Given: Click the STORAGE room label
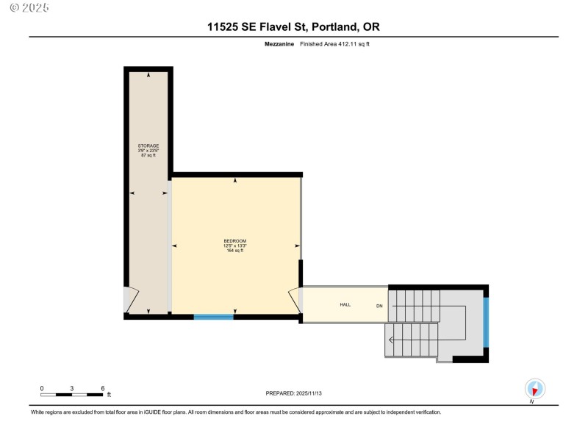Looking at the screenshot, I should (148, 146).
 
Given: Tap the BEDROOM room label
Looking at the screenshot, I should (235, 241).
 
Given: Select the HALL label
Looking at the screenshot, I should (345, 304).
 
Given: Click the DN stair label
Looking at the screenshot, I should (380, 305).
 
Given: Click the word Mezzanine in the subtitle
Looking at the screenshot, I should (279, 44).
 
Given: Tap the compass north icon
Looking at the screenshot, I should (534, 388).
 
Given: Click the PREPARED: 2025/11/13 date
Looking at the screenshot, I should (294, 393).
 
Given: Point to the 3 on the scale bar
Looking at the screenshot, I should (72, 387).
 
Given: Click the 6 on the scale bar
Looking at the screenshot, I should (102, 387).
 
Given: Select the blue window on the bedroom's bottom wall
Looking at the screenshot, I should (213, 317).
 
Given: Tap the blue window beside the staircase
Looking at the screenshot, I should (486, 322).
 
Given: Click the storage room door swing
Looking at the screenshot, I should (131, 300).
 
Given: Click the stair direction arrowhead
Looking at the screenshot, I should (391, 340).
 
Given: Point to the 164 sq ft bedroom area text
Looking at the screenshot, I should (235, 251).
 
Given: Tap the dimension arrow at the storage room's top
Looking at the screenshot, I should (148, 75).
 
